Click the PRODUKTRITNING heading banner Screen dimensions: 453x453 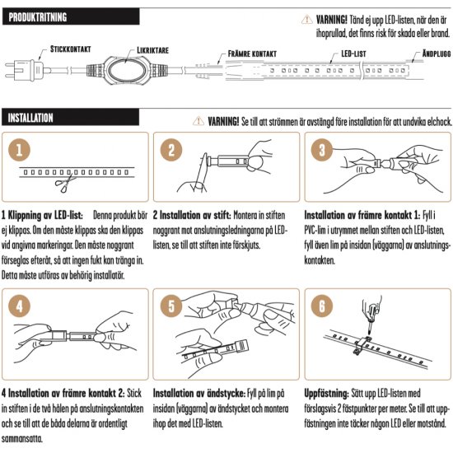coord(71,16)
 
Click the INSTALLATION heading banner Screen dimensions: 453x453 coord(70,117)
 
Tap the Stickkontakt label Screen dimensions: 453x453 coord(71,49)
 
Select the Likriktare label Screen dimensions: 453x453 coord(152,50)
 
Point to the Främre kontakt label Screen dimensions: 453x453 coord(252,54)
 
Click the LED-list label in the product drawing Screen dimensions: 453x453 coord(353,54)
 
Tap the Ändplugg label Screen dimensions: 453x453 coord(437,54)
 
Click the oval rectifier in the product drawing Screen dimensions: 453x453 coord(126,70)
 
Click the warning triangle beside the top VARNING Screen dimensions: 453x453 coord(307,20)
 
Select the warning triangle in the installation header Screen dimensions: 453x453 coord(198,121)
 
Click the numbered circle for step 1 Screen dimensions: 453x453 coord(20,150)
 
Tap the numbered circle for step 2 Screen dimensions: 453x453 coord(171,150)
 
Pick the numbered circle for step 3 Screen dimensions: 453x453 coord(322,150)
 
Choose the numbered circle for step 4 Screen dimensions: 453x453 coord(20,306)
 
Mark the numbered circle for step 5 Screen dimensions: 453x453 coord(171,306)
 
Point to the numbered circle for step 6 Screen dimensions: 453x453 coord(322,306)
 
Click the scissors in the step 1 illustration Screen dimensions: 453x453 coord(65,183)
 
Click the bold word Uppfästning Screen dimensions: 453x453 coord(326,394)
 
